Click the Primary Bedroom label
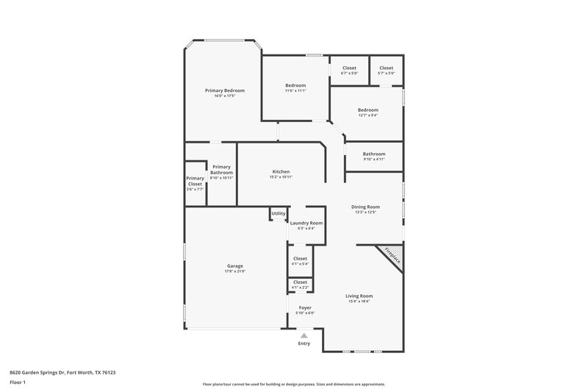pos(224,90)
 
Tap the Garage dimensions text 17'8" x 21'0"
pos(234,271)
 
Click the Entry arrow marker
pos(304,335)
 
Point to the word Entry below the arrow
pos(304,343)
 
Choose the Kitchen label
pos(281,171)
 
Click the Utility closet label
pos(279,213)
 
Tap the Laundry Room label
pos(306,223)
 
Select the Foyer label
pos(304,307)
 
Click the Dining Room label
pos(365,207)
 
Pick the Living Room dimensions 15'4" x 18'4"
pos(359,301)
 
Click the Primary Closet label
pos(195,181)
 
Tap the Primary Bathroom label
pos(221,169)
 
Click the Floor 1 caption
pos(18,383)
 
